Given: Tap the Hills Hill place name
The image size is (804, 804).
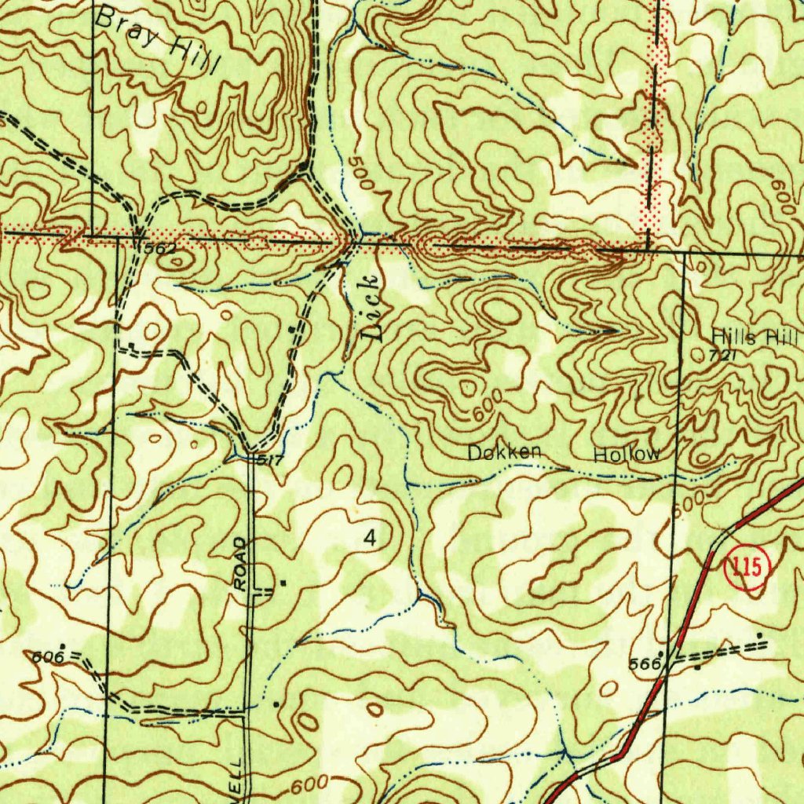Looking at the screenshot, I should pos(754,338).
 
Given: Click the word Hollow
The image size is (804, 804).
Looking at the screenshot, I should pos(627,455).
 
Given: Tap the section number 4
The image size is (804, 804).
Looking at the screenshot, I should pos(370,538).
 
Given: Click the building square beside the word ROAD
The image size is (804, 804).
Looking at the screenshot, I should pos(283,583).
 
